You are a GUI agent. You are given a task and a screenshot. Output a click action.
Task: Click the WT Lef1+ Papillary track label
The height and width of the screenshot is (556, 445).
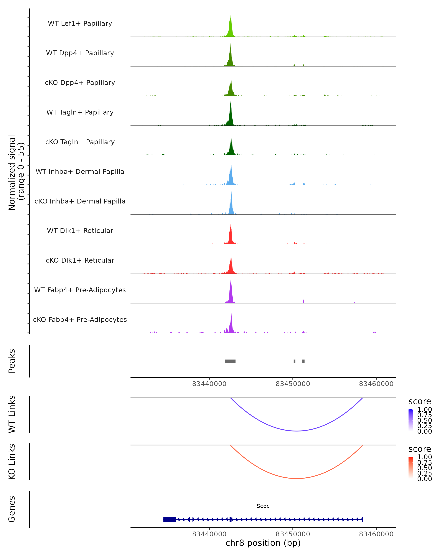tap(80, 24)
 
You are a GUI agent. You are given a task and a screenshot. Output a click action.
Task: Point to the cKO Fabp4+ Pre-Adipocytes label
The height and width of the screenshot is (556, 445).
tap(80, 320)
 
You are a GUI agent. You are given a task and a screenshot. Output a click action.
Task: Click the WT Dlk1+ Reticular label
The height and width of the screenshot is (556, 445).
tap(80, 231)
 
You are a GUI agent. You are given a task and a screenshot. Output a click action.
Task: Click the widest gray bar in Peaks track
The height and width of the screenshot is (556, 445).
tap(230, 361)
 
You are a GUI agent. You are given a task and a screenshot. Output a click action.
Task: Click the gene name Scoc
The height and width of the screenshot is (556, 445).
tap(263, 506)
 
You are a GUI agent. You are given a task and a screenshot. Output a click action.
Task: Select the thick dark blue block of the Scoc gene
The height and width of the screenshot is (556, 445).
tap(170, 519)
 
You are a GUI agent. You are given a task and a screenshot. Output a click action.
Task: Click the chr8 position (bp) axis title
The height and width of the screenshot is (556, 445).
tap(263, 543)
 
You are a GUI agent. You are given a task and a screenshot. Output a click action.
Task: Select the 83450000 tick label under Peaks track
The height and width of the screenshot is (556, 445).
tap(293, 384)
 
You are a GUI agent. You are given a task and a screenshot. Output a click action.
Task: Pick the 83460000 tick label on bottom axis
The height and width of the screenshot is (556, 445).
tap(376, 534)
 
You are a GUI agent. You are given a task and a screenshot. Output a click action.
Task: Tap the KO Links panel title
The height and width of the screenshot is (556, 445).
tap(12, 462)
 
